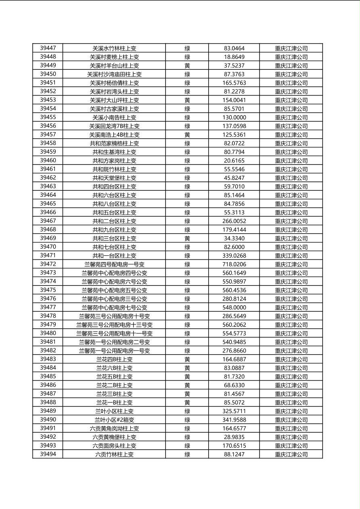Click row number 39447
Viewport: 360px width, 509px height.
(x=48, y=48)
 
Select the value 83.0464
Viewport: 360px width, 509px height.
(x=234, y=48)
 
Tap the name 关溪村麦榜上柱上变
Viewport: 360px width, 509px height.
(x=114, y=57)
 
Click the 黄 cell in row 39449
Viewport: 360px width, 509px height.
(x=187, y=66)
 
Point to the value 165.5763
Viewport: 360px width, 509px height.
(x=234, y=83)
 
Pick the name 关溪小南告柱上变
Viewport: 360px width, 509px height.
(x=114, y=117)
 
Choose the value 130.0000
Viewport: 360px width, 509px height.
(x=234, y=117)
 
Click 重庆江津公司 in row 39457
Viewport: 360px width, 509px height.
(x=291, y=135)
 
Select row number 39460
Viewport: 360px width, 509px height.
(x=48, y=161)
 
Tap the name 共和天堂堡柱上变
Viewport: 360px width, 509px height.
(x=114, y=178)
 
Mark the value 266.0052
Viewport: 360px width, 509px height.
(x=234, y=221)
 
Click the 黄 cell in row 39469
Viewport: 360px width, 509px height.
(x=187, y=238)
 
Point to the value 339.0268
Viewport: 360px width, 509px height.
(x=234, y=256)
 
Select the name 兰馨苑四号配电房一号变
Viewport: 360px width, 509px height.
(x=114, y=265)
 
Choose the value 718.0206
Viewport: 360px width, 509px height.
(x=234, y=265)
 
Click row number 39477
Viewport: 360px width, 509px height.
(x=48, y=307)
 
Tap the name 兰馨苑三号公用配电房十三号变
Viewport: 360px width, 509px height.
(x=114, y=325)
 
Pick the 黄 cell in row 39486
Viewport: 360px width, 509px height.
(x=187, y=385)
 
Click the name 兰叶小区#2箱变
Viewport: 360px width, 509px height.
(x=114, y=420)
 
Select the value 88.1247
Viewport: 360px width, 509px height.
(x=234, y=455)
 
